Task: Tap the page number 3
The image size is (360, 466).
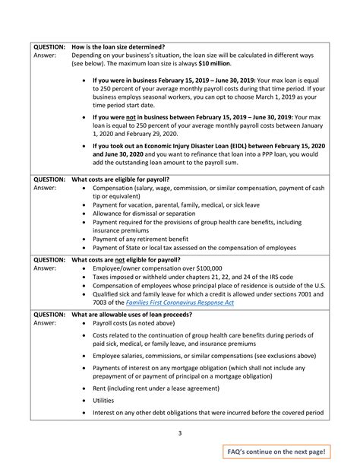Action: [x=180, y=433]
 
